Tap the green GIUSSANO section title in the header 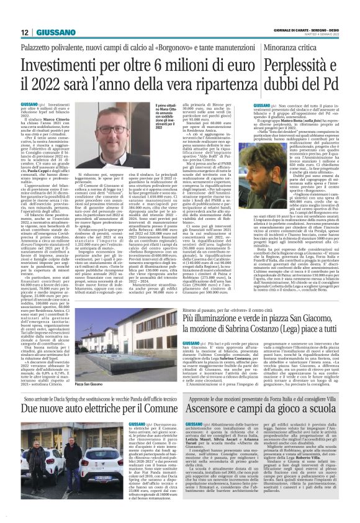point(55,32)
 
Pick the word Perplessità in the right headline point(297,66)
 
